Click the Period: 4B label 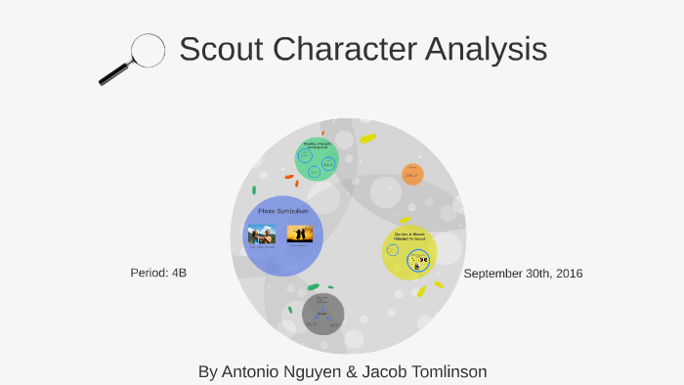(x=158, y=273)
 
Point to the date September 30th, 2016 (x=523, y=274)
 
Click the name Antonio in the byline (x=253, y=371)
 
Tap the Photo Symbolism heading (x=282, y=211)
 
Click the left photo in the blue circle (x=261, y=235)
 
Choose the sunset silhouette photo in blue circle (x=299, y=235)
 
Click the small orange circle (x=412, y=174)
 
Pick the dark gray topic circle (x=322, y=314)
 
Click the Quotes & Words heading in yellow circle (x=408, y=236)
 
